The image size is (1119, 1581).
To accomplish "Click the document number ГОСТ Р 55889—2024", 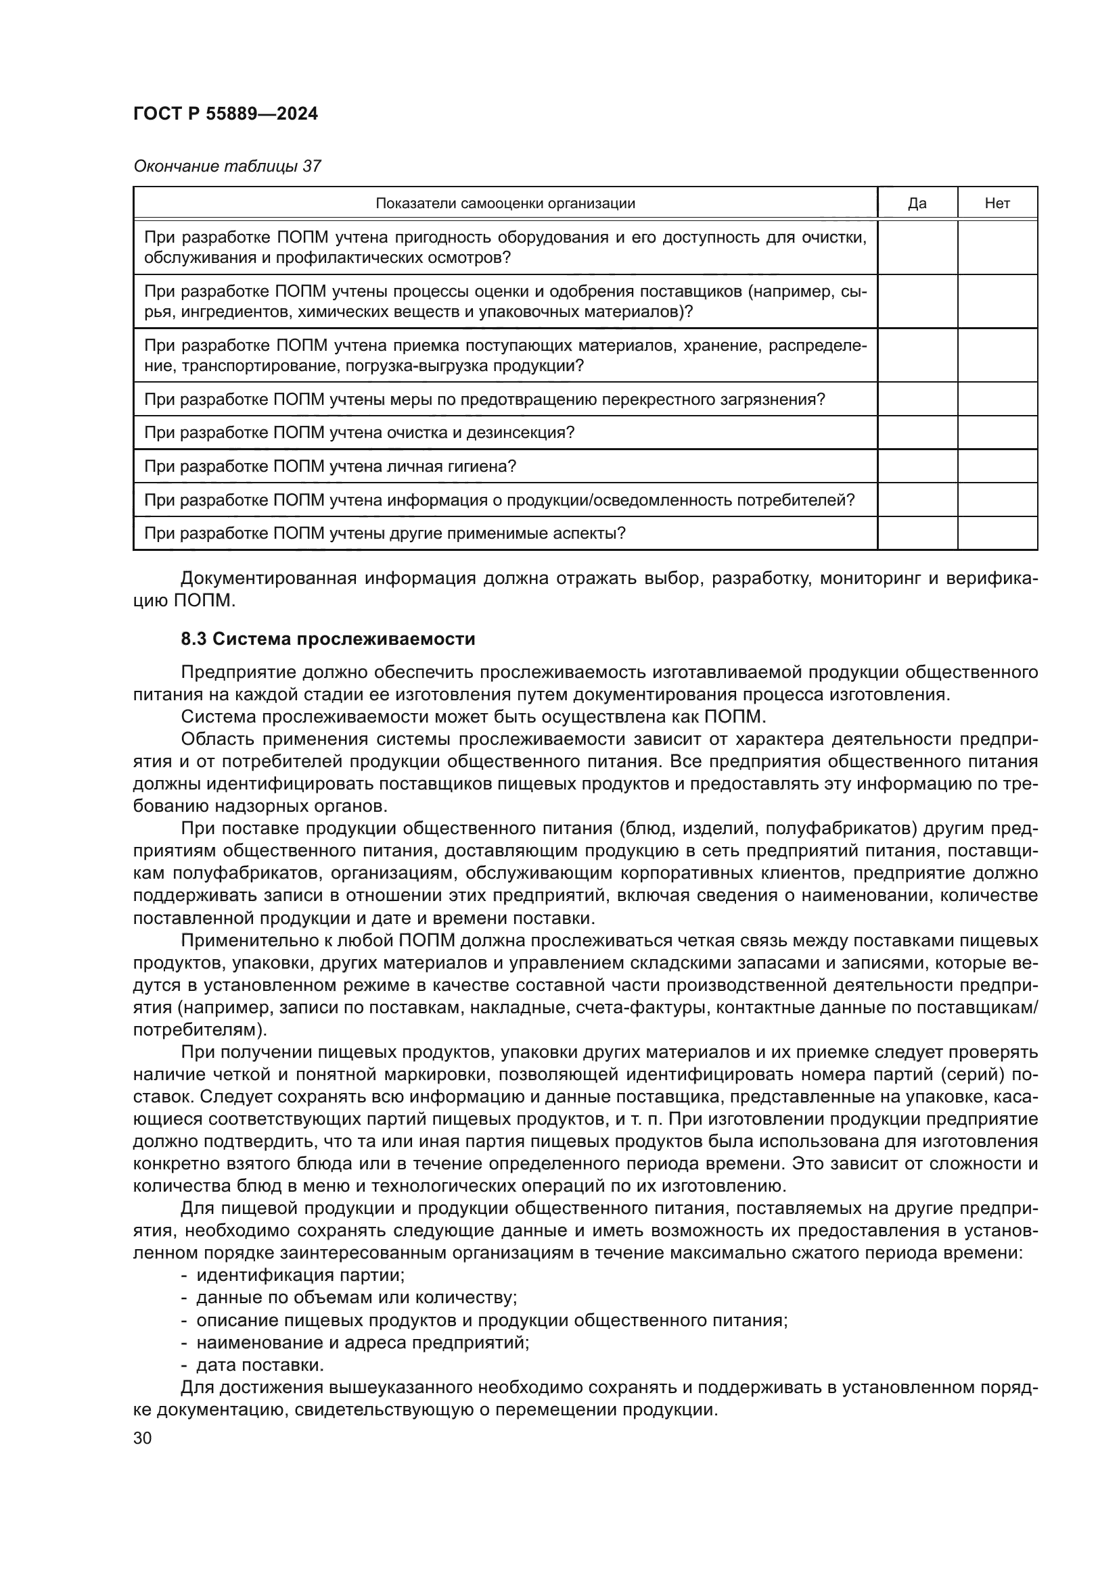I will click(225, 114).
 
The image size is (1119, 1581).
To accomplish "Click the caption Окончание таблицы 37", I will click(227, 166).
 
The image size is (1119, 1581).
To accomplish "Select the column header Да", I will click(917, 203).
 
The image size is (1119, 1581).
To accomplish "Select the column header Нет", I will click(997, 203).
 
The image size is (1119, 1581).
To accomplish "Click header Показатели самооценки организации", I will click(505, 203).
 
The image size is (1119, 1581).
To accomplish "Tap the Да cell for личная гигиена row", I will click(917, 466).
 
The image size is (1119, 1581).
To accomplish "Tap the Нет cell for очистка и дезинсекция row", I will click(997, 433).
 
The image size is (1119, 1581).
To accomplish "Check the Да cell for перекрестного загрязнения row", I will click(917, 399).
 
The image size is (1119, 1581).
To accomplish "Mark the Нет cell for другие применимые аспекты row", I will click(997, 533).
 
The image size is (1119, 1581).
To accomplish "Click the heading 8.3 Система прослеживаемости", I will click(327, 639).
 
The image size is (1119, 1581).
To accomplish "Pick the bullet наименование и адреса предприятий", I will click(363, 1342).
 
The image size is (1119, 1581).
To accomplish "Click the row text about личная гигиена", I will click(330, 466).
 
